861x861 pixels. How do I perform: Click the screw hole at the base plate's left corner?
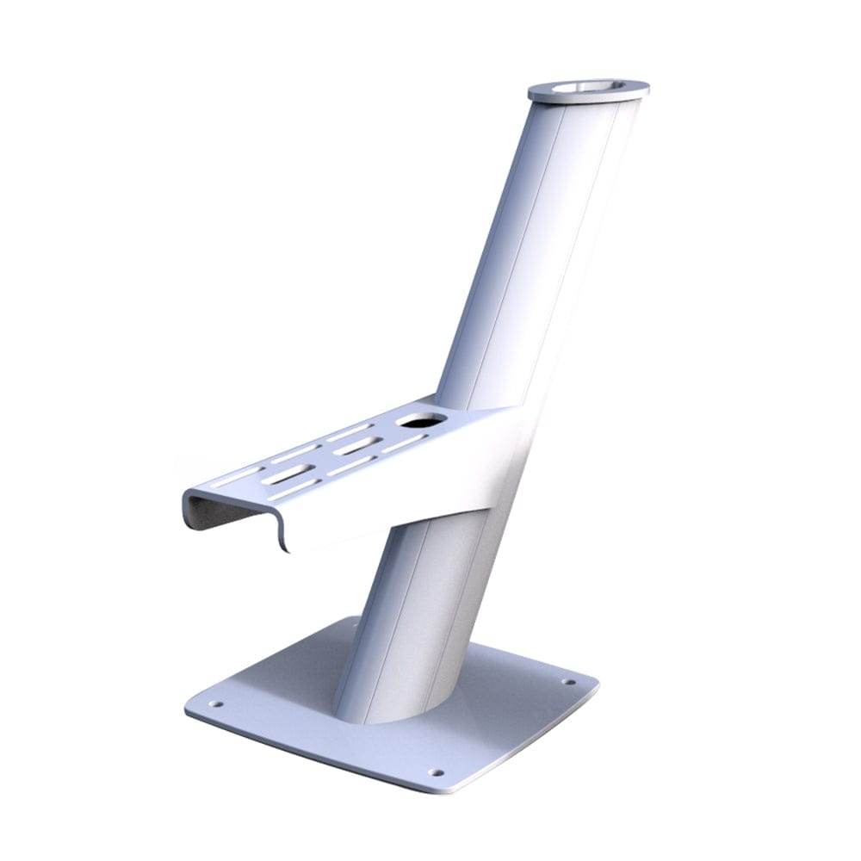click(x=216, y=703)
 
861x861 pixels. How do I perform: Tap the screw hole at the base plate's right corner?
click(x=568, y=682)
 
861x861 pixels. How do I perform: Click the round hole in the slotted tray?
click(x=422, y=420)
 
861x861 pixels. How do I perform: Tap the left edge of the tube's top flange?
click(x=531, y=89)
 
